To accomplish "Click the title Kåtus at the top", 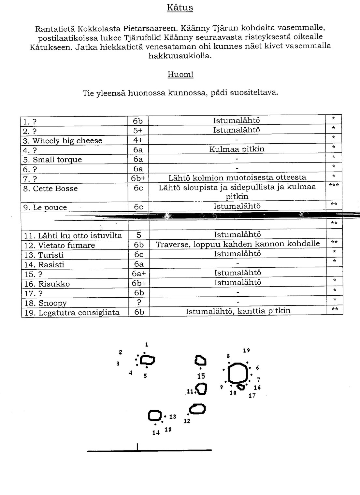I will [x=180, y=7].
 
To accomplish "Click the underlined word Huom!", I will [x=180, y=75].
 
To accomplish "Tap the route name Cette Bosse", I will [x=55, y=189].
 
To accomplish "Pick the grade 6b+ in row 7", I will [x=138, y=178].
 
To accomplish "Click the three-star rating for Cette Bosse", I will [x=334, y=185].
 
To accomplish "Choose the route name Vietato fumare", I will [x=66, y=245].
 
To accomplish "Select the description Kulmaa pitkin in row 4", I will [x=237, y=149].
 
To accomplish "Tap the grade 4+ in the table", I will [x=138, y=140].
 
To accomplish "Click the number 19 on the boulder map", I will [x=246, y=350].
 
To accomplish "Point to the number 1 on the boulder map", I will [x=147, y=344].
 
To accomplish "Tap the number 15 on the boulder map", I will [x=201, y=376].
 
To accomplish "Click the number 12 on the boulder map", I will [x=187, y=421].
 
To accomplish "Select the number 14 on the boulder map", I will [x=156, y=432].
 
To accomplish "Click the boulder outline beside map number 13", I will [x=155, y=415].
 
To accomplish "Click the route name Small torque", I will [x=57, y=160].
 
